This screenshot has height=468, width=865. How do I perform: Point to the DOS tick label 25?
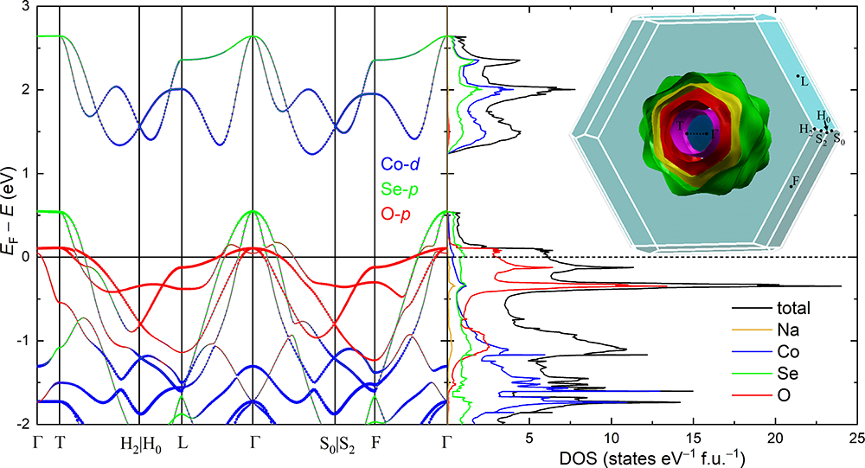coord(857,438)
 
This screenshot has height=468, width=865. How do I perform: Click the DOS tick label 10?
coord(612,438)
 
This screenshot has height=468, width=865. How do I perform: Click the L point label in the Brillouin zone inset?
coord(804,81)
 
